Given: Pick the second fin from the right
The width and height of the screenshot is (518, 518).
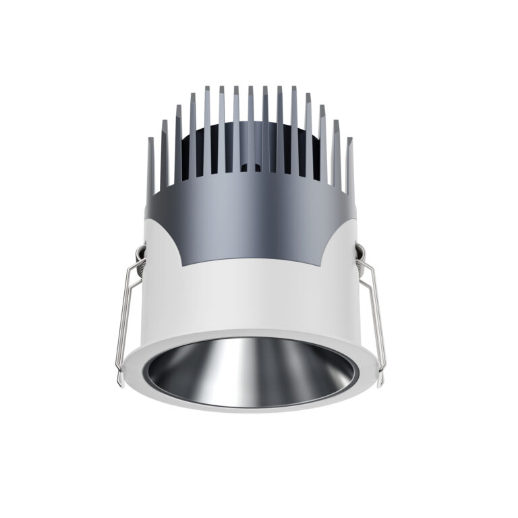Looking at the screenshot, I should click(335, 152).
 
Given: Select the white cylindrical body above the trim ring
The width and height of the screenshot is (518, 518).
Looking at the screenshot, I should click(256, 297).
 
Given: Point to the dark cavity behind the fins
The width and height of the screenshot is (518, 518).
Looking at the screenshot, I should click(223, 145).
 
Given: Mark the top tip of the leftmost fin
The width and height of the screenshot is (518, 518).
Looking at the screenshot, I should click(150, 138).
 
